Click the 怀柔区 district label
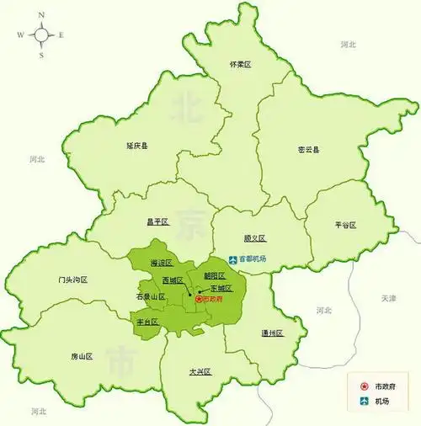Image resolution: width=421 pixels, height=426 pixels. (241, 64)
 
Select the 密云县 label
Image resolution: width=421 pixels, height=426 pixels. (309, 150)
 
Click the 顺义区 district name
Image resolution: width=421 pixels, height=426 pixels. (254, 238)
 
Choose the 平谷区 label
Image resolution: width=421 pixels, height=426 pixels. (345, 226)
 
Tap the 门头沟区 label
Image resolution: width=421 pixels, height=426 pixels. (73, 280)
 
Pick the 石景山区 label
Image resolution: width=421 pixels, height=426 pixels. (151, 297)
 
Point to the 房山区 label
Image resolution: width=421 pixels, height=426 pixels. (83, 357)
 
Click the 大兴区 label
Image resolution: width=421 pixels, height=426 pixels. (200, 371)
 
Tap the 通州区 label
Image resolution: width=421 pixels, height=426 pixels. (272, 333)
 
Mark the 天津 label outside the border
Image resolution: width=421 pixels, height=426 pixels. (388, 298)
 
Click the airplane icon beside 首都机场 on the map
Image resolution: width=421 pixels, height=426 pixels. (233, 258)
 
